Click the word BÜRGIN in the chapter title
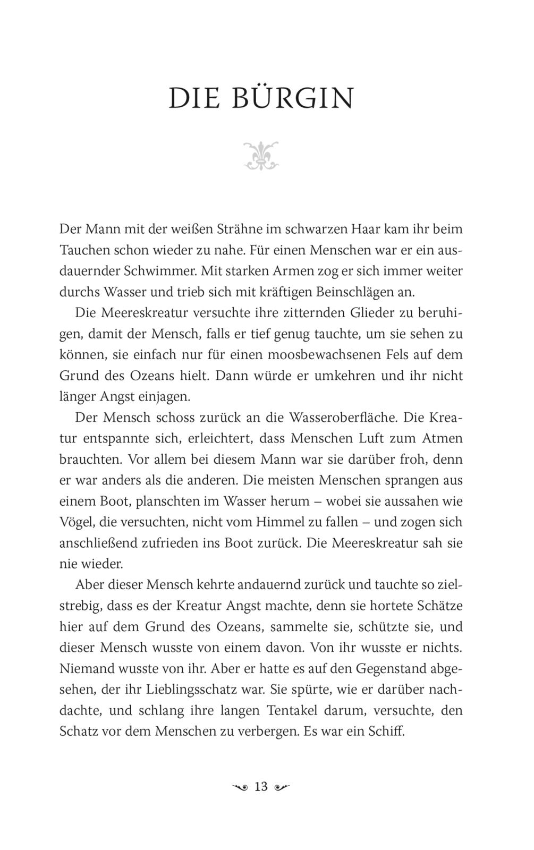[293, 98]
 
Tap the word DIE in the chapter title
[194, 98]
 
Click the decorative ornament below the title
[261, 156]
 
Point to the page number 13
[261, 787]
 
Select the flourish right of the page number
[282, 787]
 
